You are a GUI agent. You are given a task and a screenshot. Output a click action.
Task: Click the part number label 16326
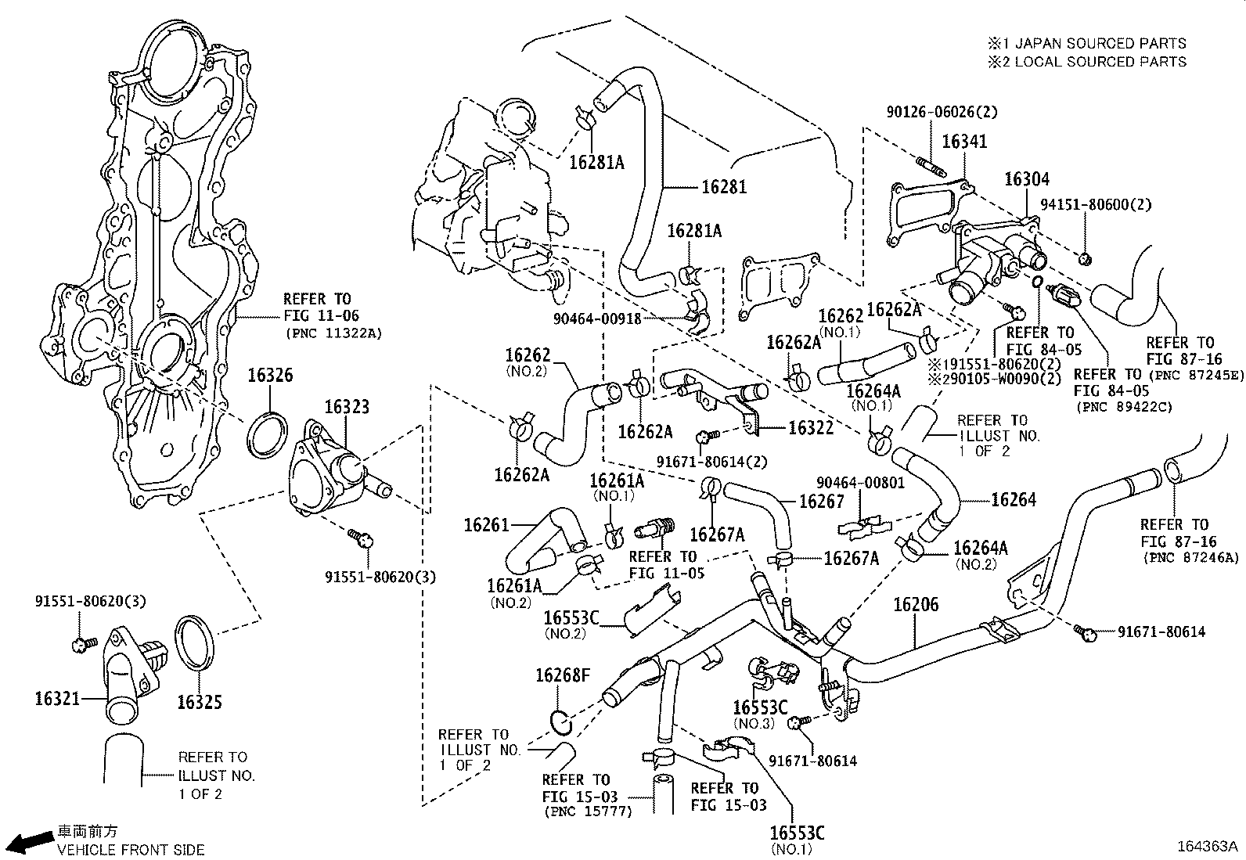pos(270,376)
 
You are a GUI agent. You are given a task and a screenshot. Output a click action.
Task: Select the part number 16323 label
pos(347,407)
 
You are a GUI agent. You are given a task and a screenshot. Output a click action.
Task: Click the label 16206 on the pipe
pos(916,605)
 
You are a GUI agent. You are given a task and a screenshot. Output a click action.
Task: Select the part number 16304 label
pos(1026,180)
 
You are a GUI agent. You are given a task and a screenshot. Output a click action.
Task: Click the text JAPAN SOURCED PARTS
pos(1100,44)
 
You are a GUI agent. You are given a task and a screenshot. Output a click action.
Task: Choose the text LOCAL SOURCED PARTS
pos(1100,62)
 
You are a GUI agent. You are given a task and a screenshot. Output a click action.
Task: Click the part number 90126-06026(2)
pos(942,113)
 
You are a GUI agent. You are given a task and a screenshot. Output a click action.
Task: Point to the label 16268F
pos(562,675)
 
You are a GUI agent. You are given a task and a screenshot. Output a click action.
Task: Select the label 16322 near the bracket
pos(810,428)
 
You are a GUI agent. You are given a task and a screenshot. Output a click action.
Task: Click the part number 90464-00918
pos(597,318)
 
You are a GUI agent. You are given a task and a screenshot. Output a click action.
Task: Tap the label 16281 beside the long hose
pos(723,187)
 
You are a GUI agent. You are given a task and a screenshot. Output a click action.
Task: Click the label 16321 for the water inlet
pos(57,697)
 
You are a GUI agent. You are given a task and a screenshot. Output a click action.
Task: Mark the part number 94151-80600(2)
pos(1096,205)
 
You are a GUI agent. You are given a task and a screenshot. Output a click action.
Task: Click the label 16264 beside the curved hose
pos(1014,499)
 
